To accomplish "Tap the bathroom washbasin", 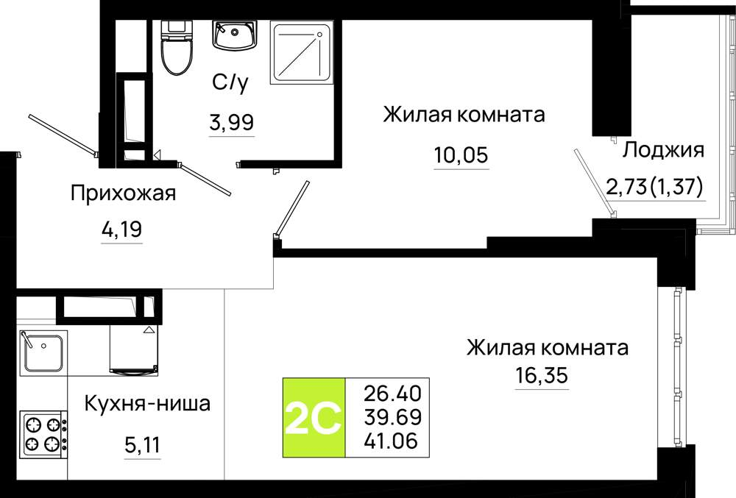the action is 234,35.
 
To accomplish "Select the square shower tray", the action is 302,52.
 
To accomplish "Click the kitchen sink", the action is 43,352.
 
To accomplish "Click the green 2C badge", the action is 314,417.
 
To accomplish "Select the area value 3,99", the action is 232,123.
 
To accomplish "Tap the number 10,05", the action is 461,154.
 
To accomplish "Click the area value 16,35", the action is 542,375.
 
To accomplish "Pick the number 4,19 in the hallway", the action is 121,230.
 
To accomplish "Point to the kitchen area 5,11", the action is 143,444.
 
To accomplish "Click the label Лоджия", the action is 663,151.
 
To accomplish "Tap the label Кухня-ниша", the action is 147,403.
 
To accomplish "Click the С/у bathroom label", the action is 230,83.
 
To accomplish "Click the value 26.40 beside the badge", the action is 393,394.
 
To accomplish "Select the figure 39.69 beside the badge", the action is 393,417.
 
